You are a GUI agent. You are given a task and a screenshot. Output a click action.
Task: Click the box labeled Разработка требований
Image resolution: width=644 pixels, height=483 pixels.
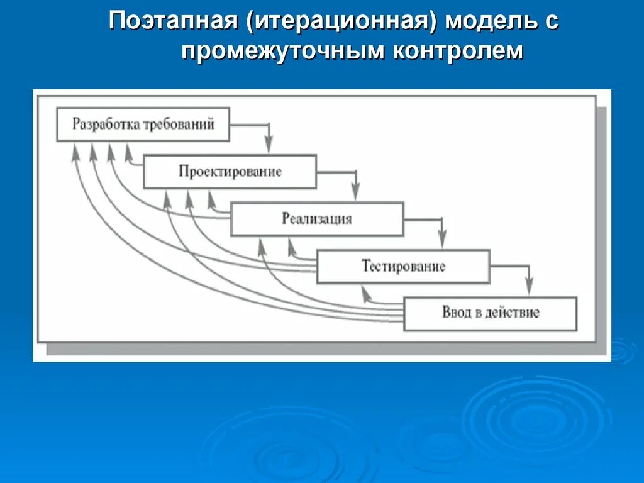pyautogui.click(x=143, y=124)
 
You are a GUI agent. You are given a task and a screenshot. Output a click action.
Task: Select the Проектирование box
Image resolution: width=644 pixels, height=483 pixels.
pyautogui.click(x=230, y=172)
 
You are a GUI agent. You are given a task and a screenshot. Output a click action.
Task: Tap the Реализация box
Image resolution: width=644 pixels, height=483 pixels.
pyautogui.click(x=317, y=219)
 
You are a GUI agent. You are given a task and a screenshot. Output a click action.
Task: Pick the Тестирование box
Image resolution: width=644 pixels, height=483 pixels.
pyautogui.click(x=403, y=266)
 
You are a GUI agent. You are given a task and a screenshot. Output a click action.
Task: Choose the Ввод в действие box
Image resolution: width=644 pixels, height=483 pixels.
pyautogui.click(x=490, y=313)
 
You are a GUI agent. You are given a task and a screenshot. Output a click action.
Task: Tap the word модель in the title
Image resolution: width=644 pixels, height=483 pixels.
pyautogui.click(x=491, y=23)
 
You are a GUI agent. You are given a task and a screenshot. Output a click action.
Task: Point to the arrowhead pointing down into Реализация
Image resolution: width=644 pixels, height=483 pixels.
pyautogui.click(x=355, y=194)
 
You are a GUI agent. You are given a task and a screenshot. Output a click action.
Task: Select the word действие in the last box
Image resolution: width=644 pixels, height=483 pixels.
pyautogui.click(x=512, y=313)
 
